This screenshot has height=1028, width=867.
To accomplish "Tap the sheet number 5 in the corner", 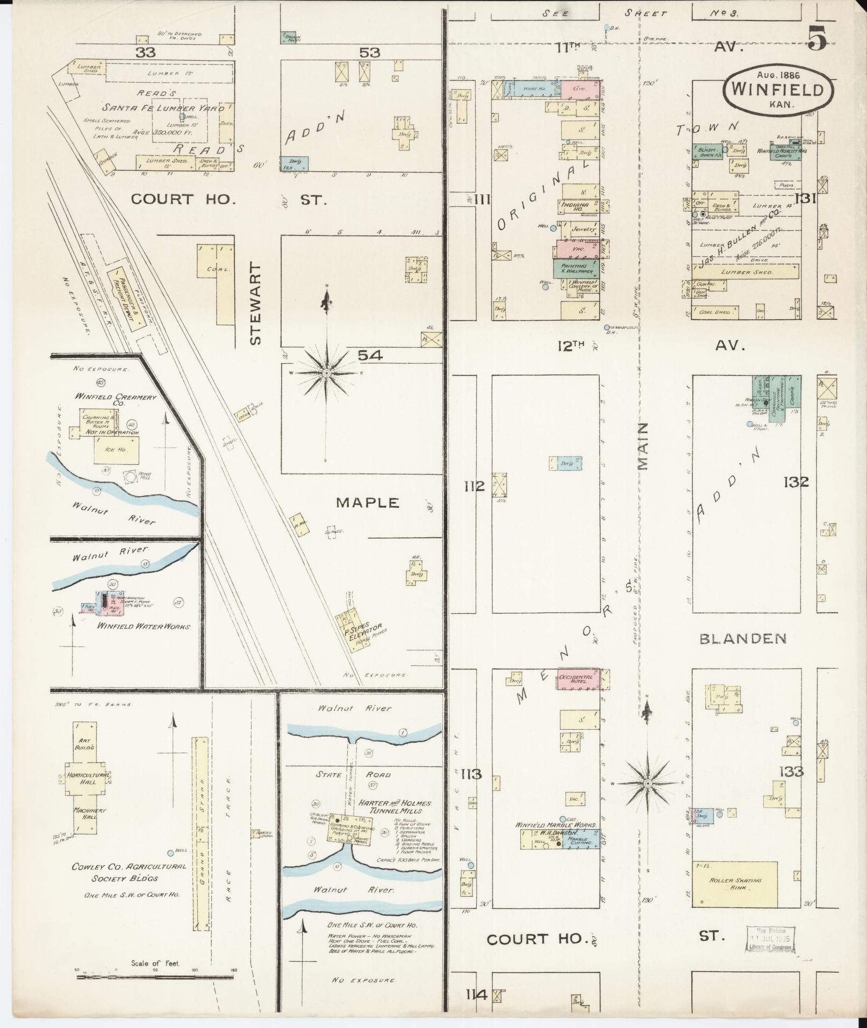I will pyautogui.click(x=816, y=39).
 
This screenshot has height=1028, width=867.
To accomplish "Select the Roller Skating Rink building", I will pyautogui.click(x=735, y=883).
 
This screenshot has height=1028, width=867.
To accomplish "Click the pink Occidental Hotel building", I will pyautogui.click(x=577, y=679).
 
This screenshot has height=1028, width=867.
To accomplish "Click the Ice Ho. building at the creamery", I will pyautogui.click(x=117, y=449).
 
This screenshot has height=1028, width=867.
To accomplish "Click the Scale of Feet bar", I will pyautogui.click(x=156, y=970).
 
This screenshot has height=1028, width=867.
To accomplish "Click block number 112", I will pyautogui.click(x=474, y=486).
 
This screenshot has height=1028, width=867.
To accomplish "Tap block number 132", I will pyautogui.click(x=796, y=482).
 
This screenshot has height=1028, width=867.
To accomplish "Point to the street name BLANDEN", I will pyautogui.click(x=743, y=638).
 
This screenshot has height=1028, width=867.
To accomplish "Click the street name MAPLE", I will pyautogui.click(x=368, y=502).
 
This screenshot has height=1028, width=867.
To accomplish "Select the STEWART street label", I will pyautogui.click(x=256, y=304).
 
